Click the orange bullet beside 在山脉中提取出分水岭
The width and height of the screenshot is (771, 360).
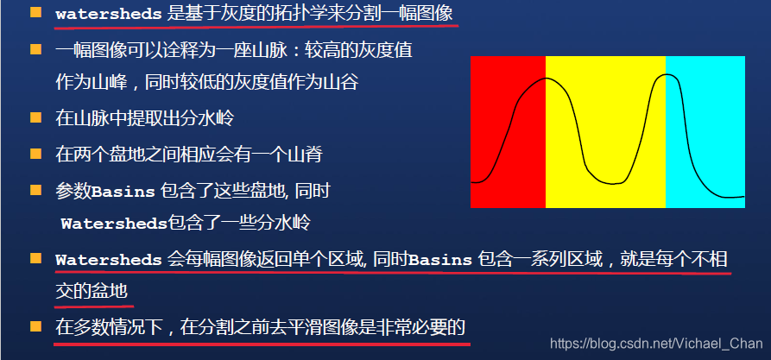[35, 117]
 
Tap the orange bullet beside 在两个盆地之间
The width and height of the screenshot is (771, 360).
[35, 154]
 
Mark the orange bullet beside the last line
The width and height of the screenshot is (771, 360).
[35, 326]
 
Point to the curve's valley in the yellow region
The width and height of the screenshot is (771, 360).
[610, 183]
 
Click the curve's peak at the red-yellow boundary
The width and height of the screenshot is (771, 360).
[547, 79]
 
